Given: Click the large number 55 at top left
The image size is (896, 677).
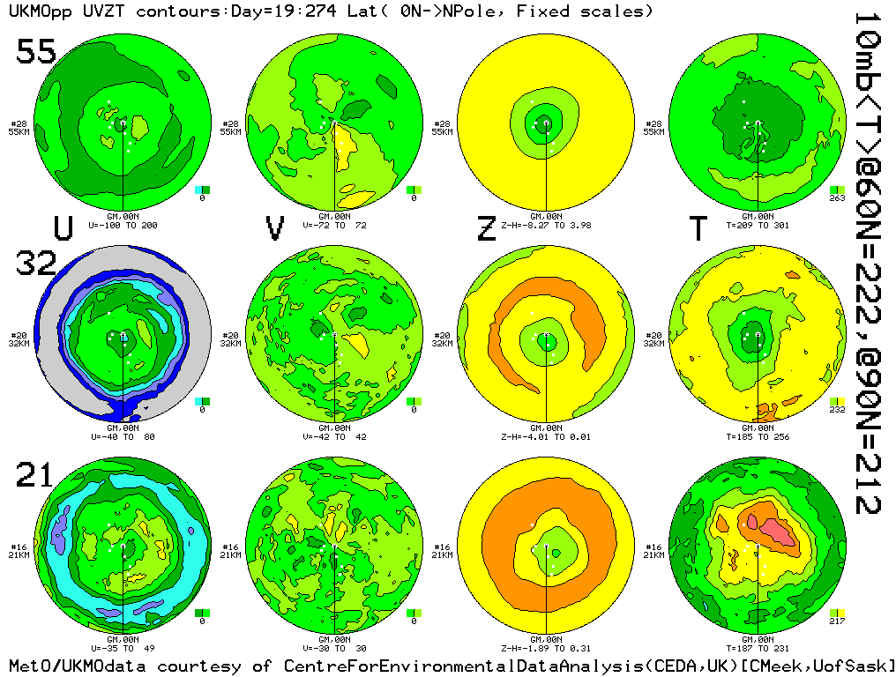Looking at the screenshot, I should click(36, 53).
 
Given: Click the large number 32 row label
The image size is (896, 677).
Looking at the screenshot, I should click(36, 264).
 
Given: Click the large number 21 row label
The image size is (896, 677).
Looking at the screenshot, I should click(36, 476).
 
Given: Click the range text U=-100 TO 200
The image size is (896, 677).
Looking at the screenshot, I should click(123, 225).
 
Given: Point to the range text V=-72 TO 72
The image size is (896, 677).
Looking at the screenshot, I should click(334, 225).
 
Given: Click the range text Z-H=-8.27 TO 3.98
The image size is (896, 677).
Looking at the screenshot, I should click(546, 225).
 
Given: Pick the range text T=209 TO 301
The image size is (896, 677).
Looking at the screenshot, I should click(758, 225).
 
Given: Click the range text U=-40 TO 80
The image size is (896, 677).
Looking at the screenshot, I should click(123, 436).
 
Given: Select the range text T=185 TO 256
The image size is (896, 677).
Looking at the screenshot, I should click(758, 436).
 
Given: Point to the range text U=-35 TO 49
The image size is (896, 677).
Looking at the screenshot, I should click(123, 648).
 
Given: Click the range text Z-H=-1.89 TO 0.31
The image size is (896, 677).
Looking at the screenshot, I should click(546, 648).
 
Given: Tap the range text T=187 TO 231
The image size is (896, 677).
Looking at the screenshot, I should click(758, 648).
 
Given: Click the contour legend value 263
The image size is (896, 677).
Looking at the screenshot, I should click(838, 198).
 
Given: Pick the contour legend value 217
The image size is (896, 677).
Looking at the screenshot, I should click(838, 621).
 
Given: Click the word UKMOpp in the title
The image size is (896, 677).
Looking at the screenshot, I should click(32, 11).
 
